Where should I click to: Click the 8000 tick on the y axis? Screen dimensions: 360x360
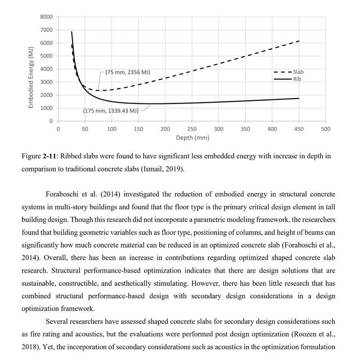pyautogui.click(x=46, y=17)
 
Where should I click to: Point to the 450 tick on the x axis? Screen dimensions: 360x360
pyautogui.click(x=299, y=129)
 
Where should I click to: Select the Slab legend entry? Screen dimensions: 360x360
pyautogui.click(x=298, y=72)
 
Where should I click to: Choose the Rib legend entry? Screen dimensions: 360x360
pyautogui.click(x=297, y=79)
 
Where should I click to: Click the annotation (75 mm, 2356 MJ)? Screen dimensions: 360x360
pyautogui.click(x=128, y=72)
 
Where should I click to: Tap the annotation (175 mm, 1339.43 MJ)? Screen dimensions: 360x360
pyautogui.click(x=111, y=110)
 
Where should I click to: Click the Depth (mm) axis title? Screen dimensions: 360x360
pyautogui.click(x=193, y=138)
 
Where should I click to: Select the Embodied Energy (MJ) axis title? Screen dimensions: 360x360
pyautogui.click(x=31, y=77)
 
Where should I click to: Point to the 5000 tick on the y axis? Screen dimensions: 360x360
pyautogui.click(x=46, y=56)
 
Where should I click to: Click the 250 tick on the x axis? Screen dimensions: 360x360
pyautogui.click(x=192, y=129)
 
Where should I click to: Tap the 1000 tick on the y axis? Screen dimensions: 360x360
pyautogui.click(x=46, y=108)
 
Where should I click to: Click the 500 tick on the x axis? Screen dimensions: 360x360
pyautogui.click(x=326, y=129)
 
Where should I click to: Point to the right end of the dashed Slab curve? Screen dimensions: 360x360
pyautogui.click(x=299, y=41)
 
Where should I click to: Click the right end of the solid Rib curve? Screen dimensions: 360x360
pyautogui.click(x=299, y=98)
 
